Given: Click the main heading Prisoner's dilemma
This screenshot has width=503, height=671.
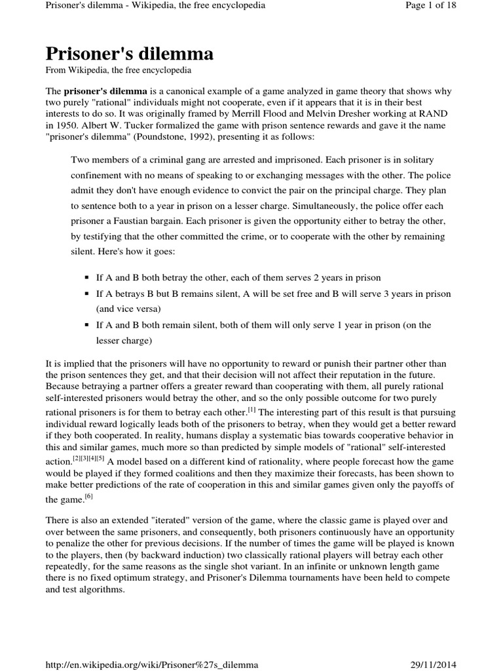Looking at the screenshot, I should [x=129, y=53].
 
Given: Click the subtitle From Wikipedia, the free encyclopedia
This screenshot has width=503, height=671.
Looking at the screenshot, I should [x=119, y=70].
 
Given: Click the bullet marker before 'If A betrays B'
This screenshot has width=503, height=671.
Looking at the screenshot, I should [x=86, y=294].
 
